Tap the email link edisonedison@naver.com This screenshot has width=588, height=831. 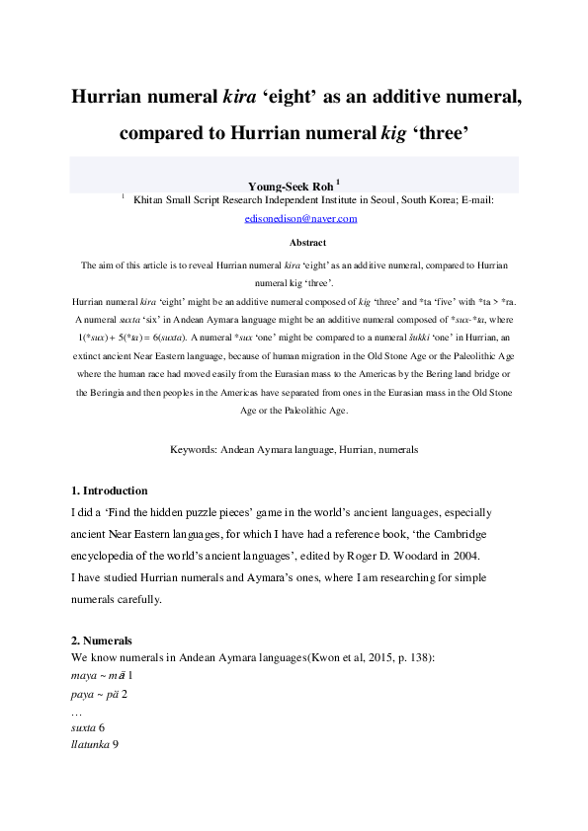(x=300, y=219)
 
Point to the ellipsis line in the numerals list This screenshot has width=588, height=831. (x=77, y=710)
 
